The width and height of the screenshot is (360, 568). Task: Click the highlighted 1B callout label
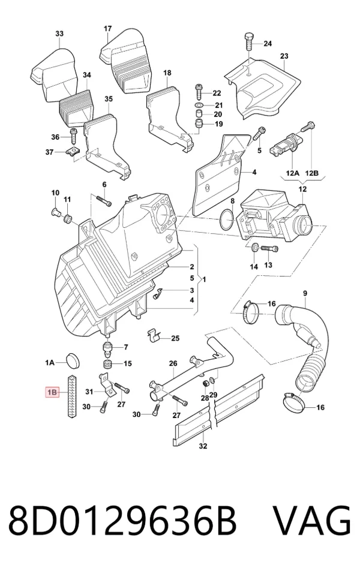pyautogui.click(x=52, y=392)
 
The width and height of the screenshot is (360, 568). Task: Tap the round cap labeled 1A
pyautogui.click(x=73, y=360)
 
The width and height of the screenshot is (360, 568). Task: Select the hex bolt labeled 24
pyautogui.click(x=249, y=43)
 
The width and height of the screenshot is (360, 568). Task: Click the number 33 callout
pyautogui.click(x=59, y=34)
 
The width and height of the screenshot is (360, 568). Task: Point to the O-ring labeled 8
pyautogui.click(x=227, y=219)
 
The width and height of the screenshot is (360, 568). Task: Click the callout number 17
pyautogui.click(x=107, y=29)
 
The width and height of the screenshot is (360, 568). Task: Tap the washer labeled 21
pyautogui.click(x=199, y=106)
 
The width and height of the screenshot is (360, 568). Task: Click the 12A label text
pyautogui.click(x=293, y=173)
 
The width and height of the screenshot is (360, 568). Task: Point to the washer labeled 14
pyautogui.click(x=254, y=248)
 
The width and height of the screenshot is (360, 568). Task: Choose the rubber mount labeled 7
pyautogui.click(x=107, y=348)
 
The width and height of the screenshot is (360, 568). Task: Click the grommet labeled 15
pyautogui.click(x=107, y=363)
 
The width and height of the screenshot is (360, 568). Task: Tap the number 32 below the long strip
pyautogui.click(x=203, y=446)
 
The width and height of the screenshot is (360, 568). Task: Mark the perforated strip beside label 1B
pyautogui.click(x=71, y=396)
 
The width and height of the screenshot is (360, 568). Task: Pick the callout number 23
pyautogui.click(x=284, y=56)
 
